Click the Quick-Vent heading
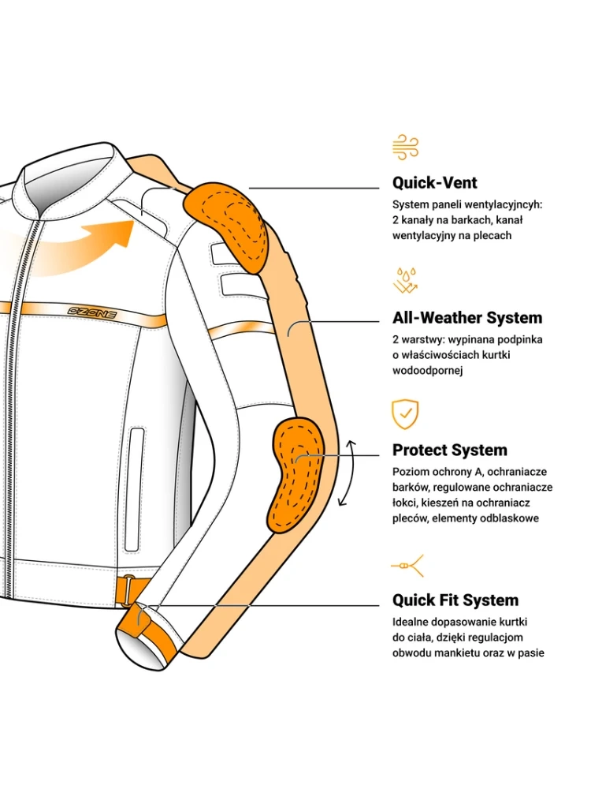point(435,183)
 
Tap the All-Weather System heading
point(467,318)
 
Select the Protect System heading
point(450,451)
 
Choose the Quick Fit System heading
point(455,600)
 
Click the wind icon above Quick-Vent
point(405,147)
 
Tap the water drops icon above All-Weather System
point(405,281)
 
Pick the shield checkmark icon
point(405,413)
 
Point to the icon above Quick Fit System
point(407,566)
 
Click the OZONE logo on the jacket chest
point(92,313)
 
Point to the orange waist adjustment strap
point(126,590)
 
